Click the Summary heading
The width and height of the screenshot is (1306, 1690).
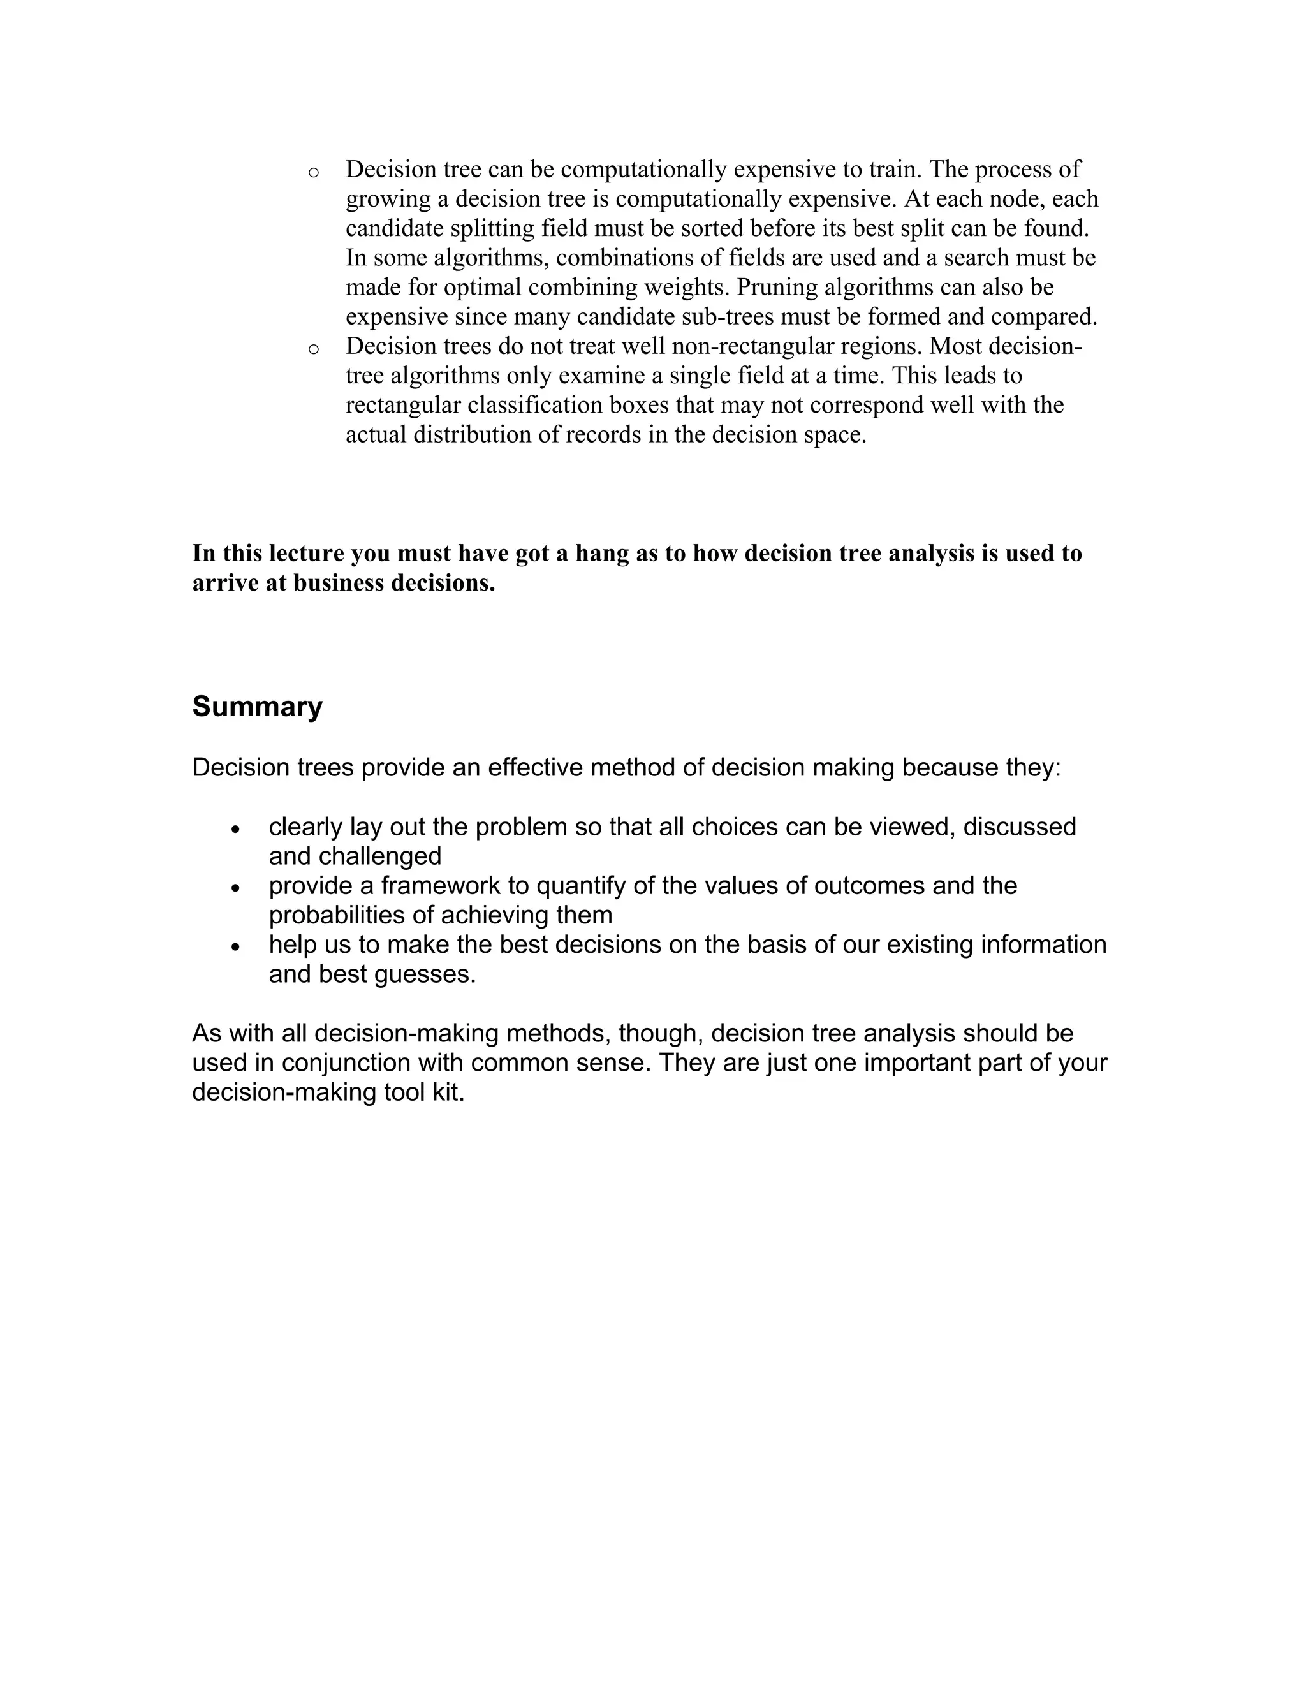[257, 707]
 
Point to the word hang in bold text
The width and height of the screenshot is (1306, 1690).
[603, 554]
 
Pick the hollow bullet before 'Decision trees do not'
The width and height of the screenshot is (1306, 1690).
[313, 349]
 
